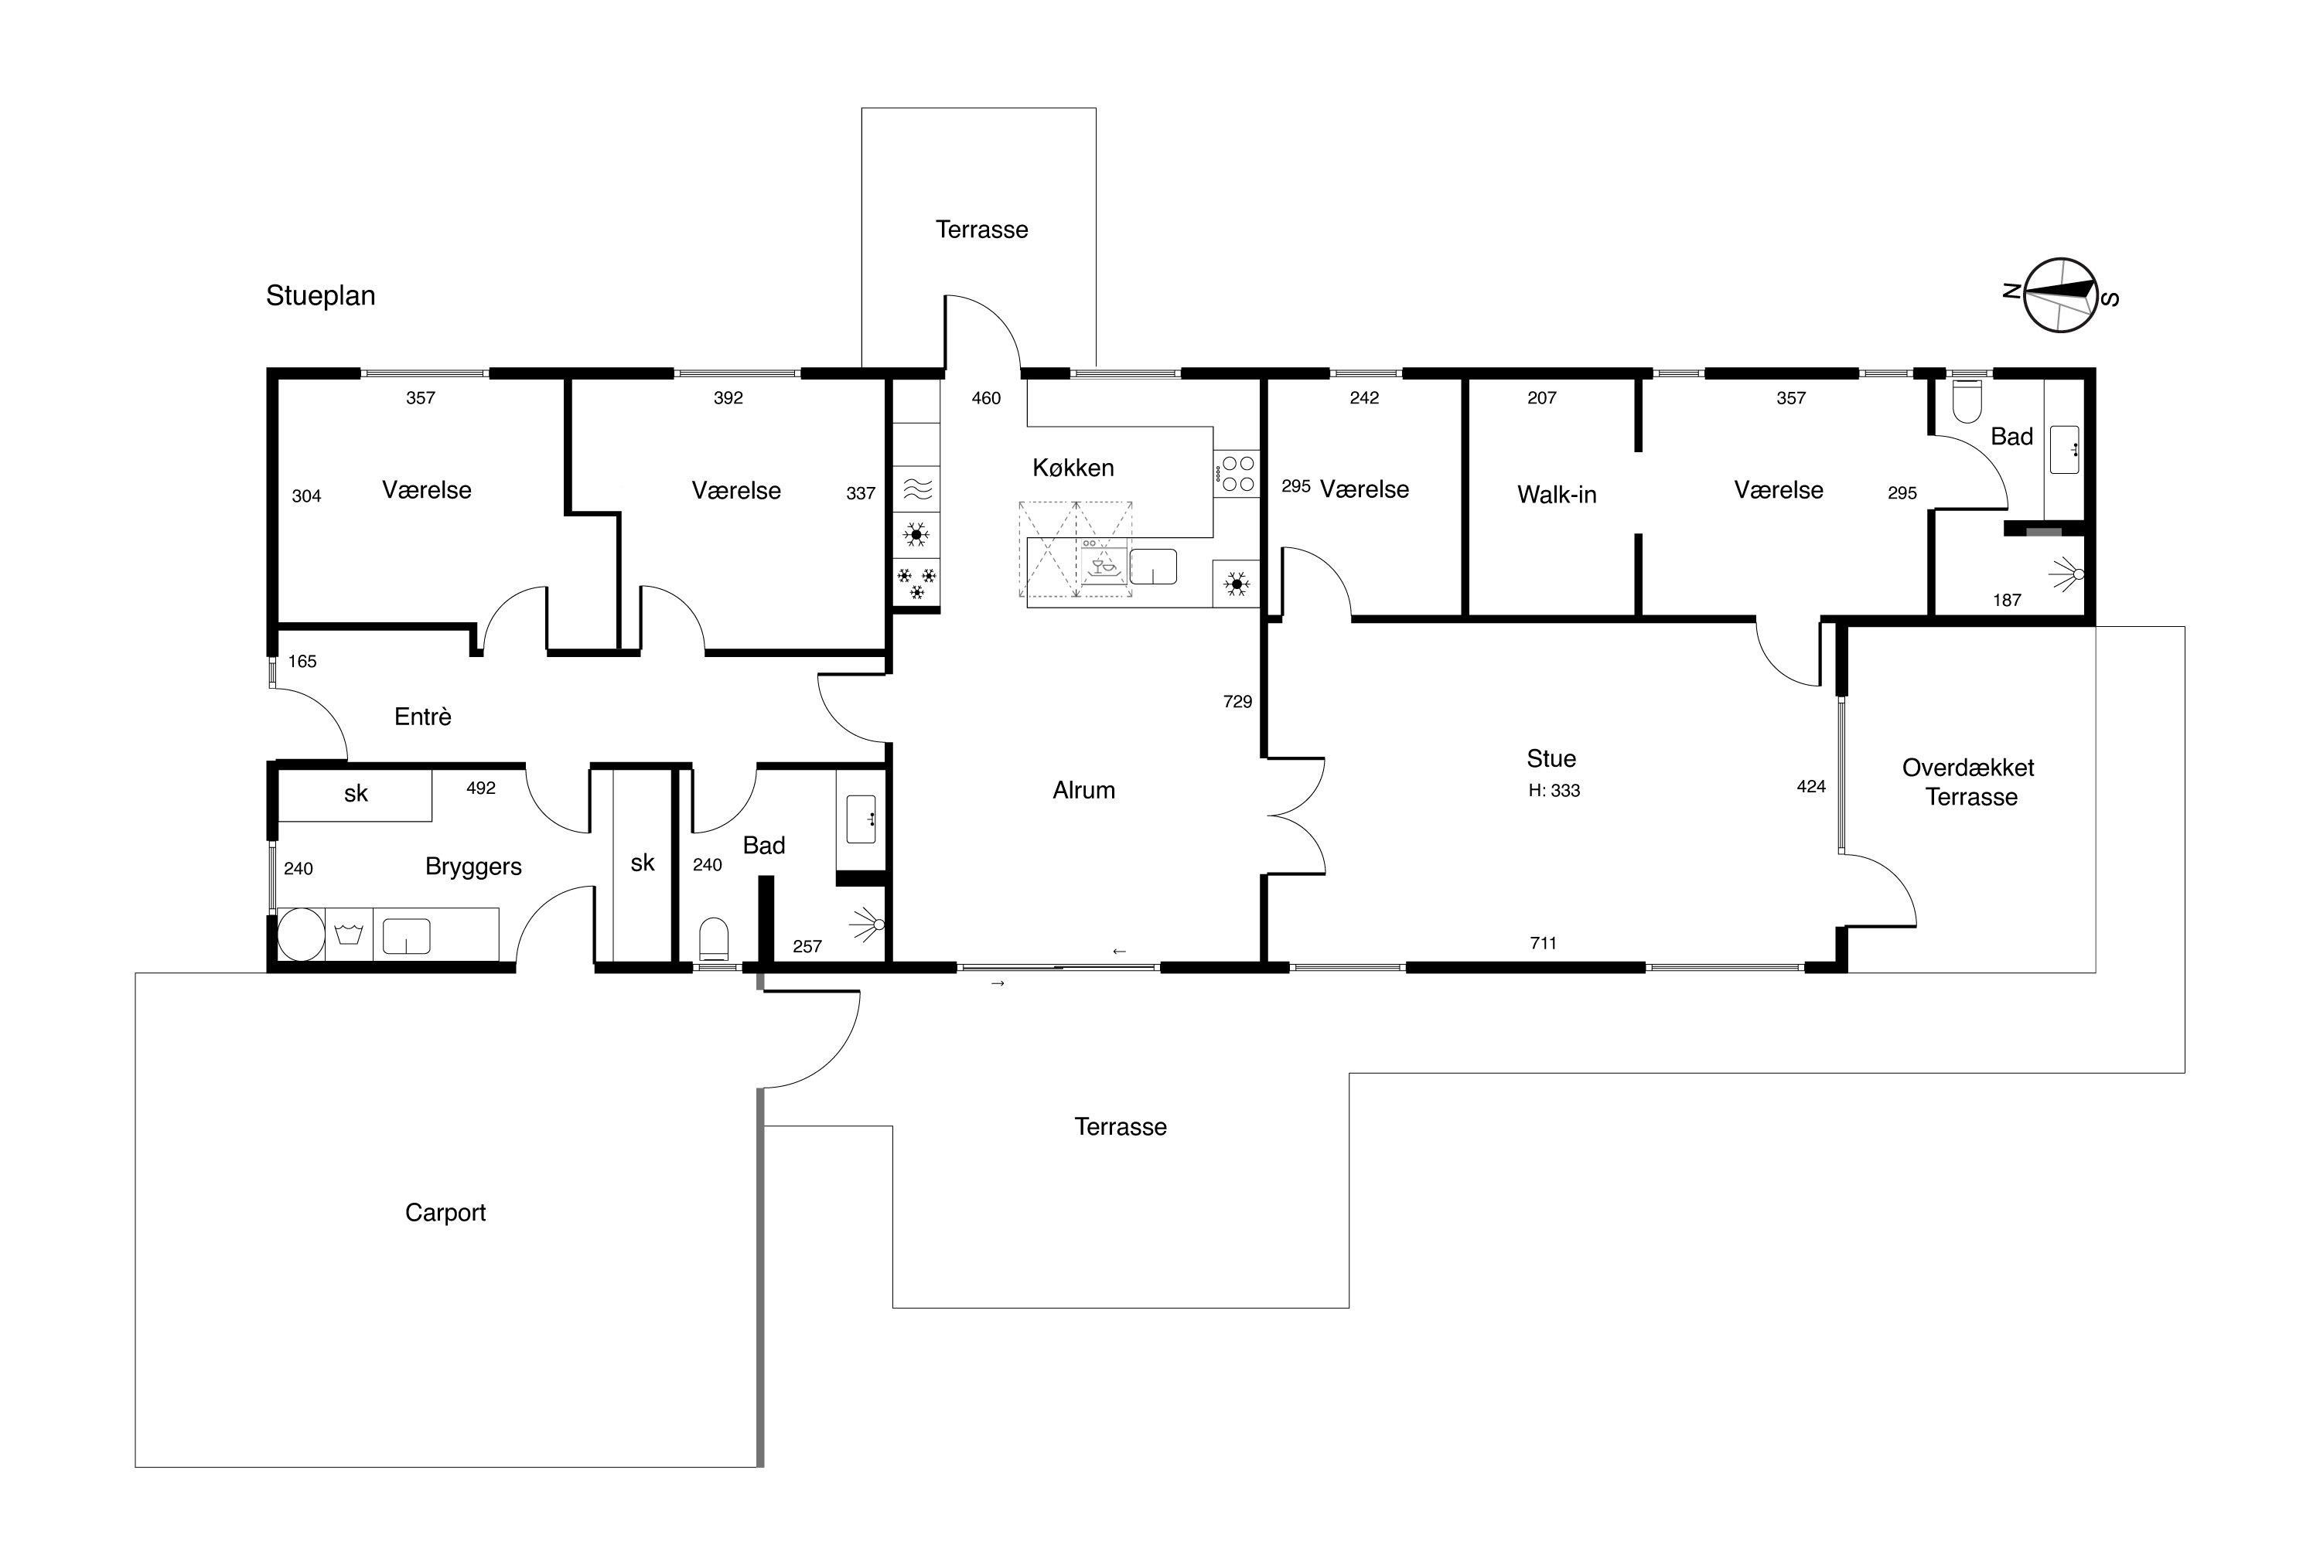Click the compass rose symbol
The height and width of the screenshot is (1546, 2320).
pyautogui.click(x=2059, y=295)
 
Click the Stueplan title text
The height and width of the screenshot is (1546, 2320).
pyautogui.click(x=321, y=296)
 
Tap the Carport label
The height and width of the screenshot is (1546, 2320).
pyautogui.click(x=446, y=1213)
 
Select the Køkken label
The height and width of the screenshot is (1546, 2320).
pyautogui.click(x=1073, y=468)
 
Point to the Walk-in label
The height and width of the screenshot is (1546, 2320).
pyautogui.click(x=1557, y=494)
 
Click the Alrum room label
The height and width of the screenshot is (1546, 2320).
pyautogui.click(x=1084, y=790)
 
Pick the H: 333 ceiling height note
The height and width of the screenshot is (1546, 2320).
pyautogui.click(x=1554, y=790)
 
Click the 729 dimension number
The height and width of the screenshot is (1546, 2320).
pyautogui.click(x=1237, y=701)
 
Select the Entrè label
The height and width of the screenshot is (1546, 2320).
pyautogui.click(x=423, y=717)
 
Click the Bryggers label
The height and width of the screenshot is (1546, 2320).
pyautogui.click(x=473, y=867)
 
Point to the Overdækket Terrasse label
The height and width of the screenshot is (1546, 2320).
pyautogui.click(x=1969, y=782)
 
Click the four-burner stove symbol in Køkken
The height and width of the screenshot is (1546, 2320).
pyautogui.click(x=1237, y=472)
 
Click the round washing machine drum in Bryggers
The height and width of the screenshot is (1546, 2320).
pyautogui.click(x=301, y=934)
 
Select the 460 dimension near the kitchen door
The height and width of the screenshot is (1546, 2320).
pyautogui.click(x=987, y=398)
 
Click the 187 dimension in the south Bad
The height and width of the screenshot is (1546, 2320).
pyautogui.click(x=2008, y=600)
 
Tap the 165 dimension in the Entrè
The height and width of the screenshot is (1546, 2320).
pyautogui.click(x=302, y=662)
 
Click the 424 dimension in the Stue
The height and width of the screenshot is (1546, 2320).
pyautogui.click(x=1811, y=786)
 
